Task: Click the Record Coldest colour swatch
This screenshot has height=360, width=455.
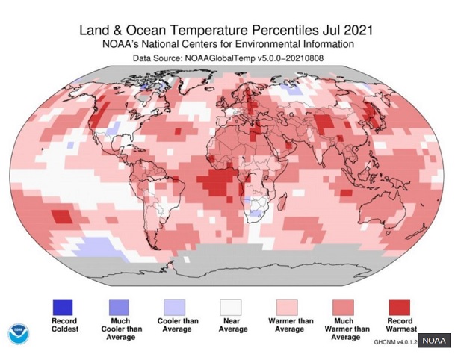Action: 63,306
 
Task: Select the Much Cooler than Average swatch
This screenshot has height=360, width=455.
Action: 118,306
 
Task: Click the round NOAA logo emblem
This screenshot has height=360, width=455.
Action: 19,334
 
